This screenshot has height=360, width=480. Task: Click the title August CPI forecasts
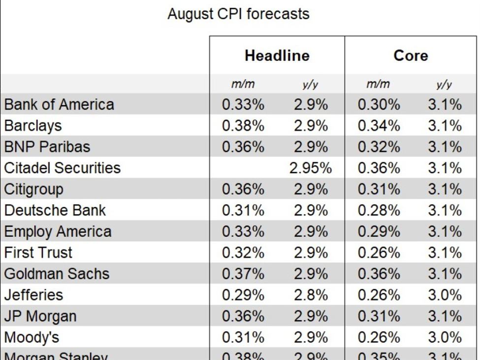click(x=238, y=14)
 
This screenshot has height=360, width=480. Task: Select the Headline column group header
click(x=277, y=56)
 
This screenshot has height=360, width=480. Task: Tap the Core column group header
click(x=411, y=56)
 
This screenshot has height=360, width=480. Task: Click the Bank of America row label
click(x=59, y=104)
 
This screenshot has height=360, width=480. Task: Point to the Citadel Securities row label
click(x=63, y=168)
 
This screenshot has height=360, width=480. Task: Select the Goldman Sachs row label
click(x=57, y=273)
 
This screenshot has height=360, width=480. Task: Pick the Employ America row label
click(x=58, y=231)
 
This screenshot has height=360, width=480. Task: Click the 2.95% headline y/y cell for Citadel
click(x=311, y=168)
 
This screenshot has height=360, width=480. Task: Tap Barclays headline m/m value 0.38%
click(x=243, y=126)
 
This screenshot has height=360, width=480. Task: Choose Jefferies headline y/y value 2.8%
click(x=311, y=295)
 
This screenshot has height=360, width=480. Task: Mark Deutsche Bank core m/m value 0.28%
click(x=379, y=210)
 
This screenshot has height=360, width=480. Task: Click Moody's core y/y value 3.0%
click(x=445, y=337)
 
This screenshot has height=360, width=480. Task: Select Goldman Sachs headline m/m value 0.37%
click(x=243, y=274)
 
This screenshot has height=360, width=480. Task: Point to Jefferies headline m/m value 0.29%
click(x=243, y=295)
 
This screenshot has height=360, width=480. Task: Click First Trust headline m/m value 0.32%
click(x=243, y=253)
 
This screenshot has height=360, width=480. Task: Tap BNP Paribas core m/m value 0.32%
click(x=379, y=147)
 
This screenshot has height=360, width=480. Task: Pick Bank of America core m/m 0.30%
click(x=379, y=105)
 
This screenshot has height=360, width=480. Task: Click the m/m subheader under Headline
click(x=243, y=85)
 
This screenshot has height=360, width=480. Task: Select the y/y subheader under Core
click(x=444, y=85)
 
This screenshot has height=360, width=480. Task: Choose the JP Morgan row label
click(x=40, y=316)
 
